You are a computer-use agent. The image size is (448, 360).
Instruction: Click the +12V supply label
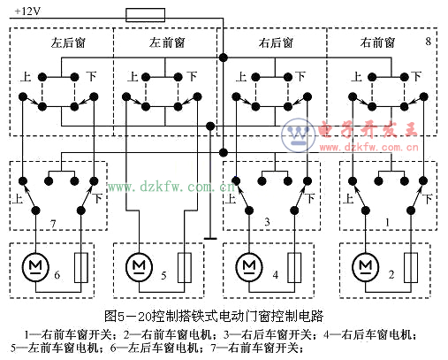pos(27,11)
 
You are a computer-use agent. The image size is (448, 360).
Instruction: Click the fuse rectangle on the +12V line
pos(145,15)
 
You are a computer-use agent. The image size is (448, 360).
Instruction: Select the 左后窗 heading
pos(68,42)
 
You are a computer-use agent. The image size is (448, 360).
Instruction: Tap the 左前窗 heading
pos(167,42)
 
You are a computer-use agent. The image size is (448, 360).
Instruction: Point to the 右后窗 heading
pos(276,42)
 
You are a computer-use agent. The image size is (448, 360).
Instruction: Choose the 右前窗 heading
pos(377,42)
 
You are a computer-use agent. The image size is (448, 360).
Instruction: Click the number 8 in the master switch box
pos(429,42)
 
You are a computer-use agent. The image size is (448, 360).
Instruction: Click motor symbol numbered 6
pos(35,266)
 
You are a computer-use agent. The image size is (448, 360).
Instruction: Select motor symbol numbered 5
pos(140,266)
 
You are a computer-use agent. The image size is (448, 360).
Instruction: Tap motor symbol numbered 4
pos(249,266)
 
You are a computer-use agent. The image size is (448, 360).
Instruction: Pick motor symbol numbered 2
pos(366,266)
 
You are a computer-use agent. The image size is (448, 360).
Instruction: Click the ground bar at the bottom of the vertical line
pos(210,239)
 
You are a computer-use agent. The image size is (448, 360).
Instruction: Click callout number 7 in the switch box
pos(53,224)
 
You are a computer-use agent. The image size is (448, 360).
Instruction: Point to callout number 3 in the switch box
pos(267,222)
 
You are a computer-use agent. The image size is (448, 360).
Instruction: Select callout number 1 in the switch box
pos(387,222)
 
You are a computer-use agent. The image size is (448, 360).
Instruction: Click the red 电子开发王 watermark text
pos(368,129)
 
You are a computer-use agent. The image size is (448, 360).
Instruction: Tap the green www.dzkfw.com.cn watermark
pos(171,187)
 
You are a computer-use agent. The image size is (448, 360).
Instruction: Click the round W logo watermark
pos(298,135)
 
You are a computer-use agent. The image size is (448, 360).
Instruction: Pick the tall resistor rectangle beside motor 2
pos(411,268)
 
